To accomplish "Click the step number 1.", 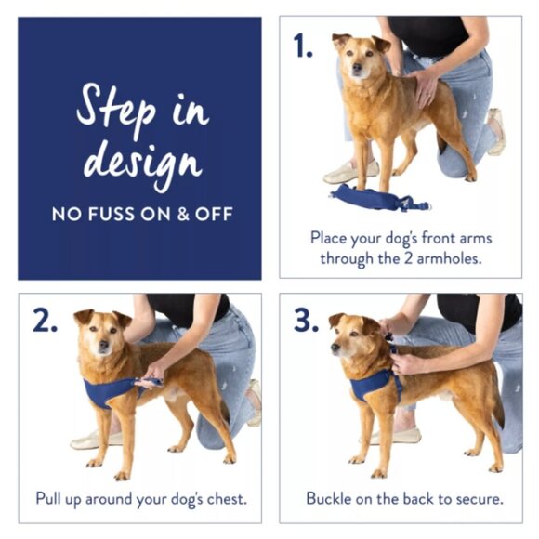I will (303, 46).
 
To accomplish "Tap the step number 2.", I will (45, 321).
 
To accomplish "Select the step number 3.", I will (306, 321).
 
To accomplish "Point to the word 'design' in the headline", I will (141, 160).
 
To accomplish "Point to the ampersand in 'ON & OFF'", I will (173, 215).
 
